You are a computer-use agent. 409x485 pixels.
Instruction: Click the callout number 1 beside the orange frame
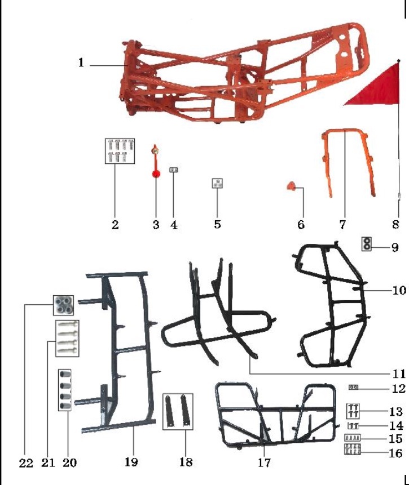click(81, 63)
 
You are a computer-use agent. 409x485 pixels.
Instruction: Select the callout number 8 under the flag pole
click(396, 224)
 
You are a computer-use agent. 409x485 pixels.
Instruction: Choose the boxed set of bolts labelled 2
click(120, 150)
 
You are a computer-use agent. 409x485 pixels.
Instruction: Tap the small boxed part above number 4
click(174, 170)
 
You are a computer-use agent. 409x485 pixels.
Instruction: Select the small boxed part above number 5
click(217, 183)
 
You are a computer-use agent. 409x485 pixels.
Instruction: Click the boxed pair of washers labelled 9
click(367, 243)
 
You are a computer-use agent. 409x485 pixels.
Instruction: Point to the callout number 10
click(399, 291)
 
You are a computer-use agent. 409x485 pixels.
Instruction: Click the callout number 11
click(399, 373)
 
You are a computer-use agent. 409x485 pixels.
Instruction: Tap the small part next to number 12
click(354, 387)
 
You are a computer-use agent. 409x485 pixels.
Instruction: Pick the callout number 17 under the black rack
click(264, 463)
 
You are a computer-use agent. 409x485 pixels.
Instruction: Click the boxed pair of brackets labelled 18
click(178, 411)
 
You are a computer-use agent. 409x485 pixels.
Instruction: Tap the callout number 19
click(131, 462)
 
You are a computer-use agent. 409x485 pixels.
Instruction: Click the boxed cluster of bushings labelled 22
click(64, 305)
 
